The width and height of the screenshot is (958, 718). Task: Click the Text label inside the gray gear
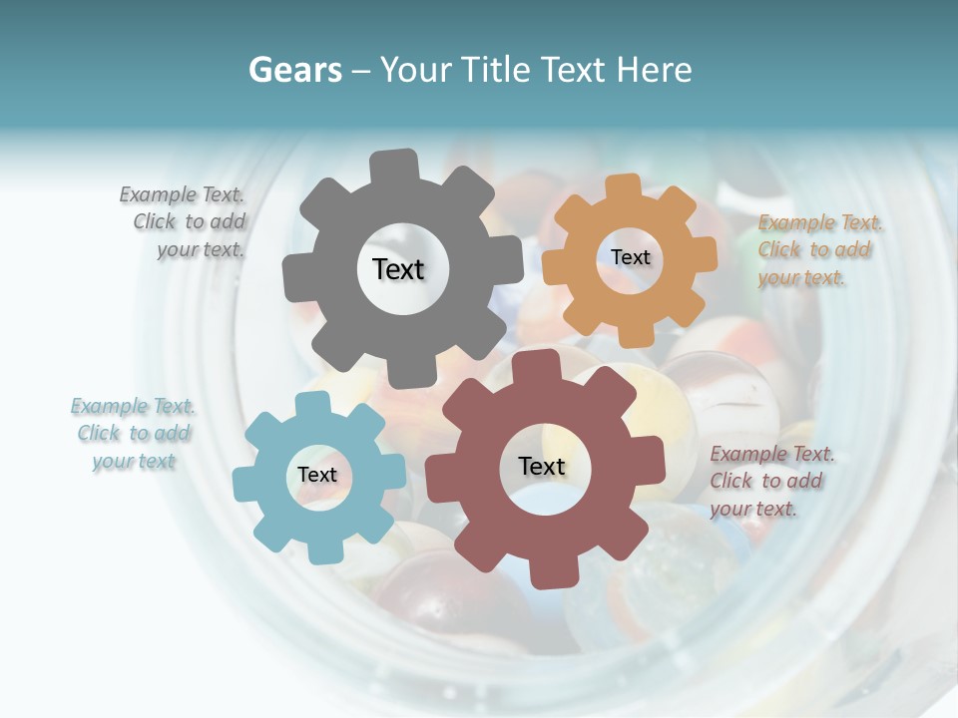398,269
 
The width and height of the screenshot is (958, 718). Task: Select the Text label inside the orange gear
630,257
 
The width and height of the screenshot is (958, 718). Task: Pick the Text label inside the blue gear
317,476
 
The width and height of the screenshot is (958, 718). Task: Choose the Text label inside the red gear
542,467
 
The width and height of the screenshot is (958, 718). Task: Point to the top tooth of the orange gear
623,187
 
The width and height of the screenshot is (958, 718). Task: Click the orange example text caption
818,250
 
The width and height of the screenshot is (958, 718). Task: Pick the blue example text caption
133,434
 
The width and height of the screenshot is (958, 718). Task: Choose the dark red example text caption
770,482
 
